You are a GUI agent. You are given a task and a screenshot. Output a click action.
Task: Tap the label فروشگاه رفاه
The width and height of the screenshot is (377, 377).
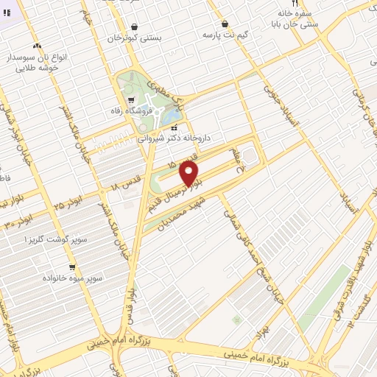pos(149,112)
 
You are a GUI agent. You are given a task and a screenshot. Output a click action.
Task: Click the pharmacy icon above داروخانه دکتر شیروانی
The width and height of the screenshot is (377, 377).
pos(174,128)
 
